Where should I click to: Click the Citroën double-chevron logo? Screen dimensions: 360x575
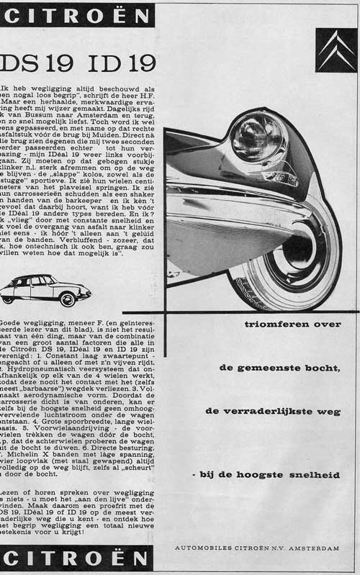336,50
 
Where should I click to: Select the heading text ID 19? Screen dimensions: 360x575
118,63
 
